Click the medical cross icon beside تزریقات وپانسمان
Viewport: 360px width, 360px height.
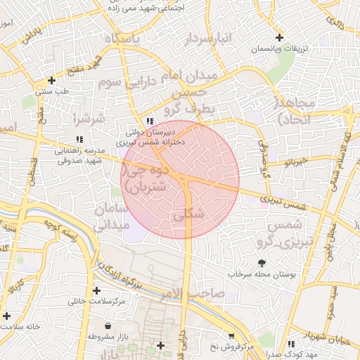(x=280, y=37)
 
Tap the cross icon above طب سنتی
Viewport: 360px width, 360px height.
(x=51, y=80)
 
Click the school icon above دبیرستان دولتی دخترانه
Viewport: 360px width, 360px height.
(x=149, y=120)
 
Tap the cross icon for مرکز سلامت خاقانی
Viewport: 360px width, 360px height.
(x=96, y=290)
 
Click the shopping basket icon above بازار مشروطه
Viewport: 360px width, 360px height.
(x=107, y=326)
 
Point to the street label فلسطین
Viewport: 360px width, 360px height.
(x=32, y=169)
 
